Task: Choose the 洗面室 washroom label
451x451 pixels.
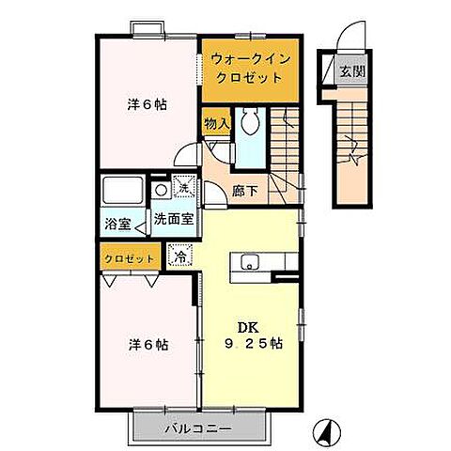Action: pos(173,218)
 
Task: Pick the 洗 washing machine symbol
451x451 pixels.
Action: pos(184,189)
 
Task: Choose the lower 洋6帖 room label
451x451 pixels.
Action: pos(148,344)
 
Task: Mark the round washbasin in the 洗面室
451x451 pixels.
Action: pos(162,190)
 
